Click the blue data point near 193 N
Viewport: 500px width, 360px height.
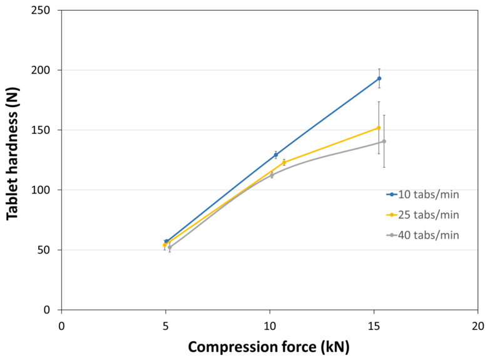[379, 78]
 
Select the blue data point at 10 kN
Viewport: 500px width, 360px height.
[275, 155]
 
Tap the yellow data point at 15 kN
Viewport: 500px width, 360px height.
[379, 128]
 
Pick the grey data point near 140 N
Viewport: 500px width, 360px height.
[384, 141]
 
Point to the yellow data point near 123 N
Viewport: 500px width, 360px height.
[284, 162]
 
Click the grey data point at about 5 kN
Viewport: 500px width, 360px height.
[170, 247]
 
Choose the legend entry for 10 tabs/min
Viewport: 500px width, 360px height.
[423, 195]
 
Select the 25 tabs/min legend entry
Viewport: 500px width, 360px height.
[423, 215]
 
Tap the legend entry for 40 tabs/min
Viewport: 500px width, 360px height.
[423, 235]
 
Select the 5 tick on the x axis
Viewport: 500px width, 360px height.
[166, 326]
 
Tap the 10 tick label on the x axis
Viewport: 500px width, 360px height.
[270, 326]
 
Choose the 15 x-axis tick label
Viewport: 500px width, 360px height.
[374, 326]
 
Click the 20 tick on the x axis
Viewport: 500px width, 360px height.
[478, 326]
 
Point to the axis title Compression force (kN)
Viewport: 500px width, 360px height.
[268, 346]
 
